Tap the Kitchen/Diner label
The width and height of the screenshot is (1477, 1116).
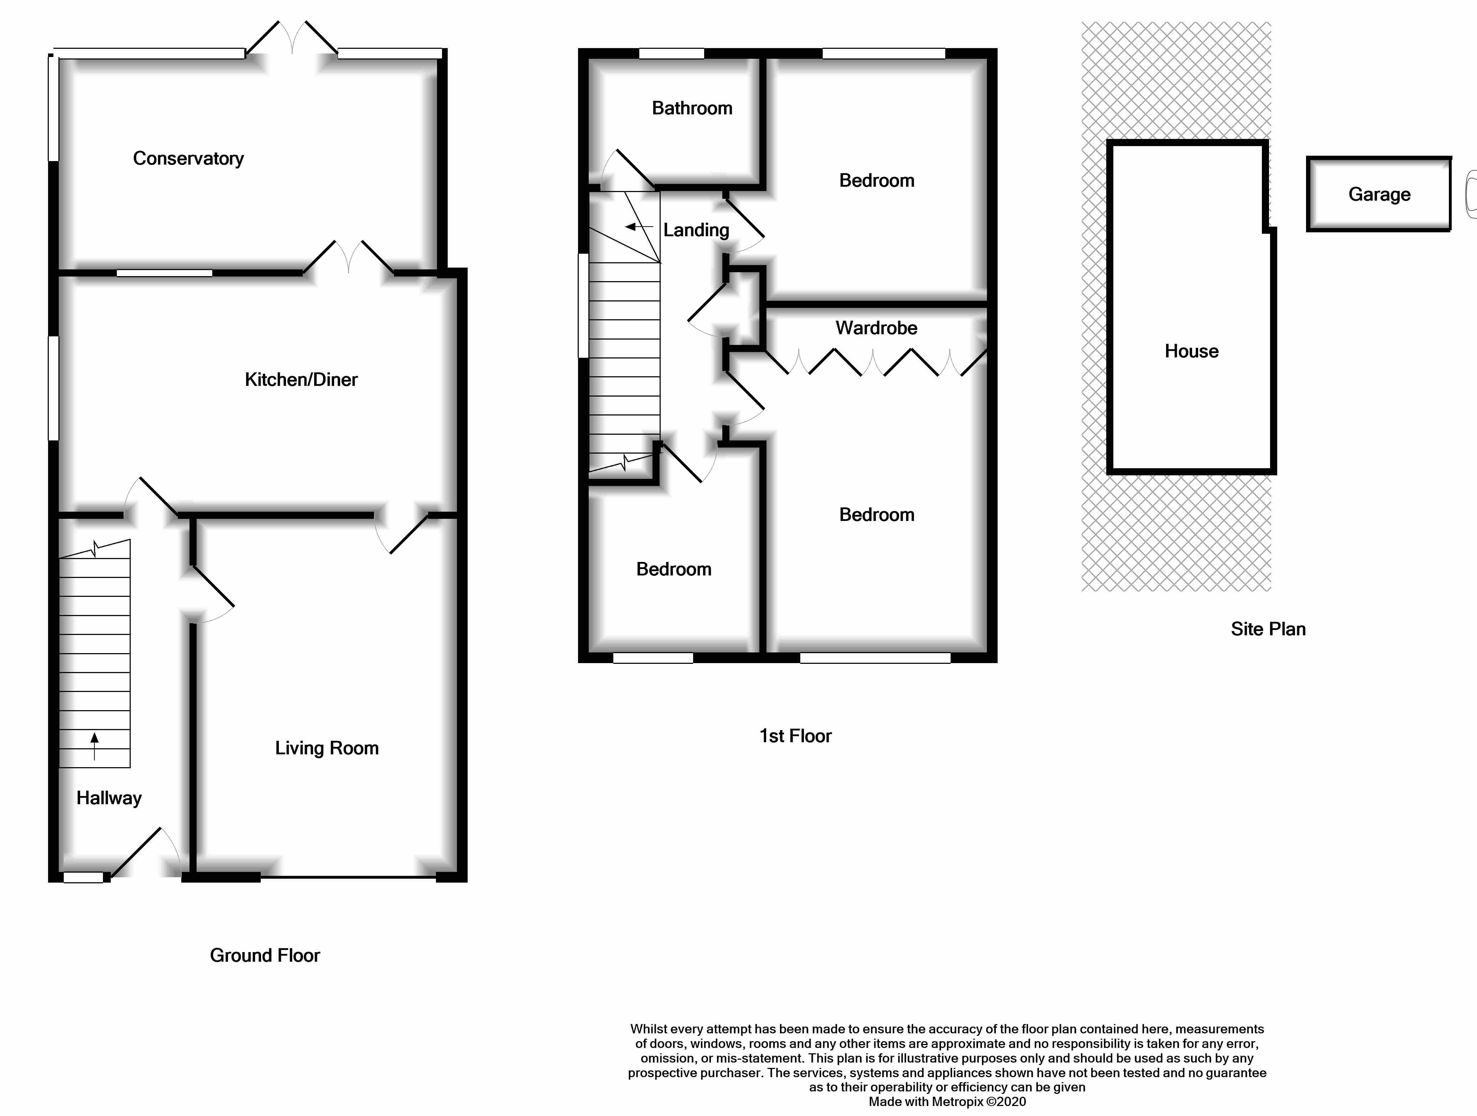pos(301,380)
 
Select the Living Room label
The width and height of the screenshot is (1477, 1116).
pos(327,748)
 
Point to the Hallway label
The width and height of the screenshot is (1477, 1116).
pos(109,798)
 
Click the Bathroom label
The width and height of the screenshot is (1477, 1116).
pos(692,108)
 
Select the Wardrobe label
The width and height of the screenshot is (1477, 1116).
pos(876,328)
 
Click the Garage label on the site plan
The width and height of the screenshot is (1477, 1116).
pos(1379,194)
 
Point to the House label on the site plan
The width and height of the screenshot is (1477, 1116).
pos(1191,351)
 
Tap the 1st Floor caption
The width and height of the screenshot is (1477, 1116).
pos(795,736)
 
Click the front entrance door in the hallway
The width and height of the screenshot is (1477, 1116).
pos(144,855)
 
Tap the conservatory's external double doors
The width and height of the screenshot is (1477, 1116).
pos(292,40)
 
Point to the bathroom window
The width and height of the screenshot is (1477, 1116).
pos(671,53)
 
